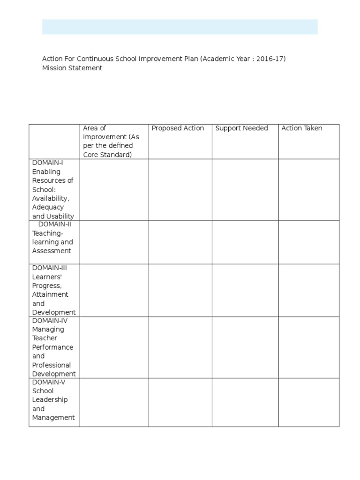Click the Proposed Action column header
(178, 128)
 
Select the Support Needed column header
(241, 128)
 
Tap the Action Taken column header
(301, 128)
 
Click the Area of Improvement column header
(111, 141)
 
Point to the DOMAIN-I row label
(53, 189)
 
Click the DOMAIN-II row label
(53, 237)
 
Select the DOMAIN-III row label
(53, 290)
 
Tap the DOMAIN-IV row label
(53, 347)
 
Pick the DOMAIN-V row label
(53, 399)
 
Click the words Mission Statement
(72, 68)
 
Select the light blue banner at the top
(180, 27)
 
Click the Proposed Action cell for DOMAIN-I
(180, 189)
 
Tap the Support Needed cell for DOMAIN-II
(245, 242)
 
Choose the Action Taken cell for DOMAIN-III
(308, 290)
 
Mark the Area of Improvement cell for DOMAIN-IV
(114, 347)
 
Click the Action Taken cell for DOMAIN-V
(308, 402)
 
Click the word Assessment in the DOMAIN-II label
(52, 251)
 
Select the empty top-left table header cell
(54, 142)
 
